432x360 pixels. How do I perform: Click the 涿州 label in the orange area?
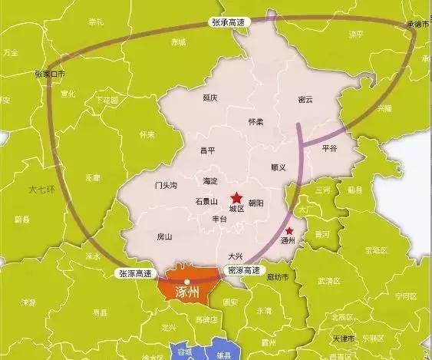tap(188, 291)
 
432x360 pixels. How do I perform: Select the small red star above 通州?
tap(289, 230)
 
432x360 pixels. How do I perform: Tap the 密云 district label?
tap(306, 100)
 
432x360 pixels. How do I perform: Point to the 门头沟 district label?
tap(165, 185)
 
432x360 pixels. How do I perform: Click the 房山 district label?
tap(164, 236)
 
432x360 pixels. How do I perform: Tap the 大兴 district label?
tap(236, 256)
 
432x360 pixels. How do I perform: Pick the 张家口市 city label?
tap(50, 74)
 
